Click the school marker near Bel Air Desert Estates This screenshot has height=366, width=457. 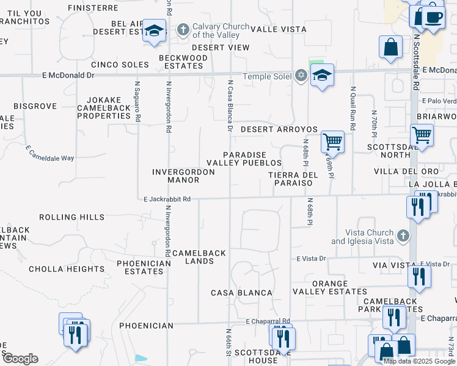(x=154, y=31)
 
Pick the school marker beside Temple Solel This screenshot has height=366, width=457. (x=321, y=76)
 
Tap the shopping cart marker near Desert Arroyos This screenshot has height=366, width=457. (x=333, y=142)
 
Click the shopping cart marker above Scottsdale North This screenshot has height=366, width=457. (x=422, y=134)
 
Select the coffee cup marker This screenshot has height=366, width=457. (x=433, y=17)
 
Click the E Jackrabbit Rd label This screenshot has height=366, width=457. (x=167, y=199)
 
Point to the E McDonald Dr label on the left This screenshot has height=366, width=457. (x=68, y=76)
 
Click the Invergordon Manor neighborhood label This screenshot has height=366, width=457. (x=183, y=176)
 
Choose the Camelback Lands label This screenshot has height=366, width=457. (x=199, y=257)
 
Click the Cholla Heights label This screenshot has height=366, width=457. (x=67, y=269)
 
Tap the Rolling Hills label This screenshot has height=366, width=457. (x=71, y=217)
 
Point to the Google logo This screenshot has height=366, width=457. (x=20, y=359)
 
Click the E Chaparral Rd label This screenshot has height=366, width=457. (x=268, y=321)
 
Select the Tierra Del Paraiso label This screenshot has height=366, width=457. (x=294, y=179)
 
